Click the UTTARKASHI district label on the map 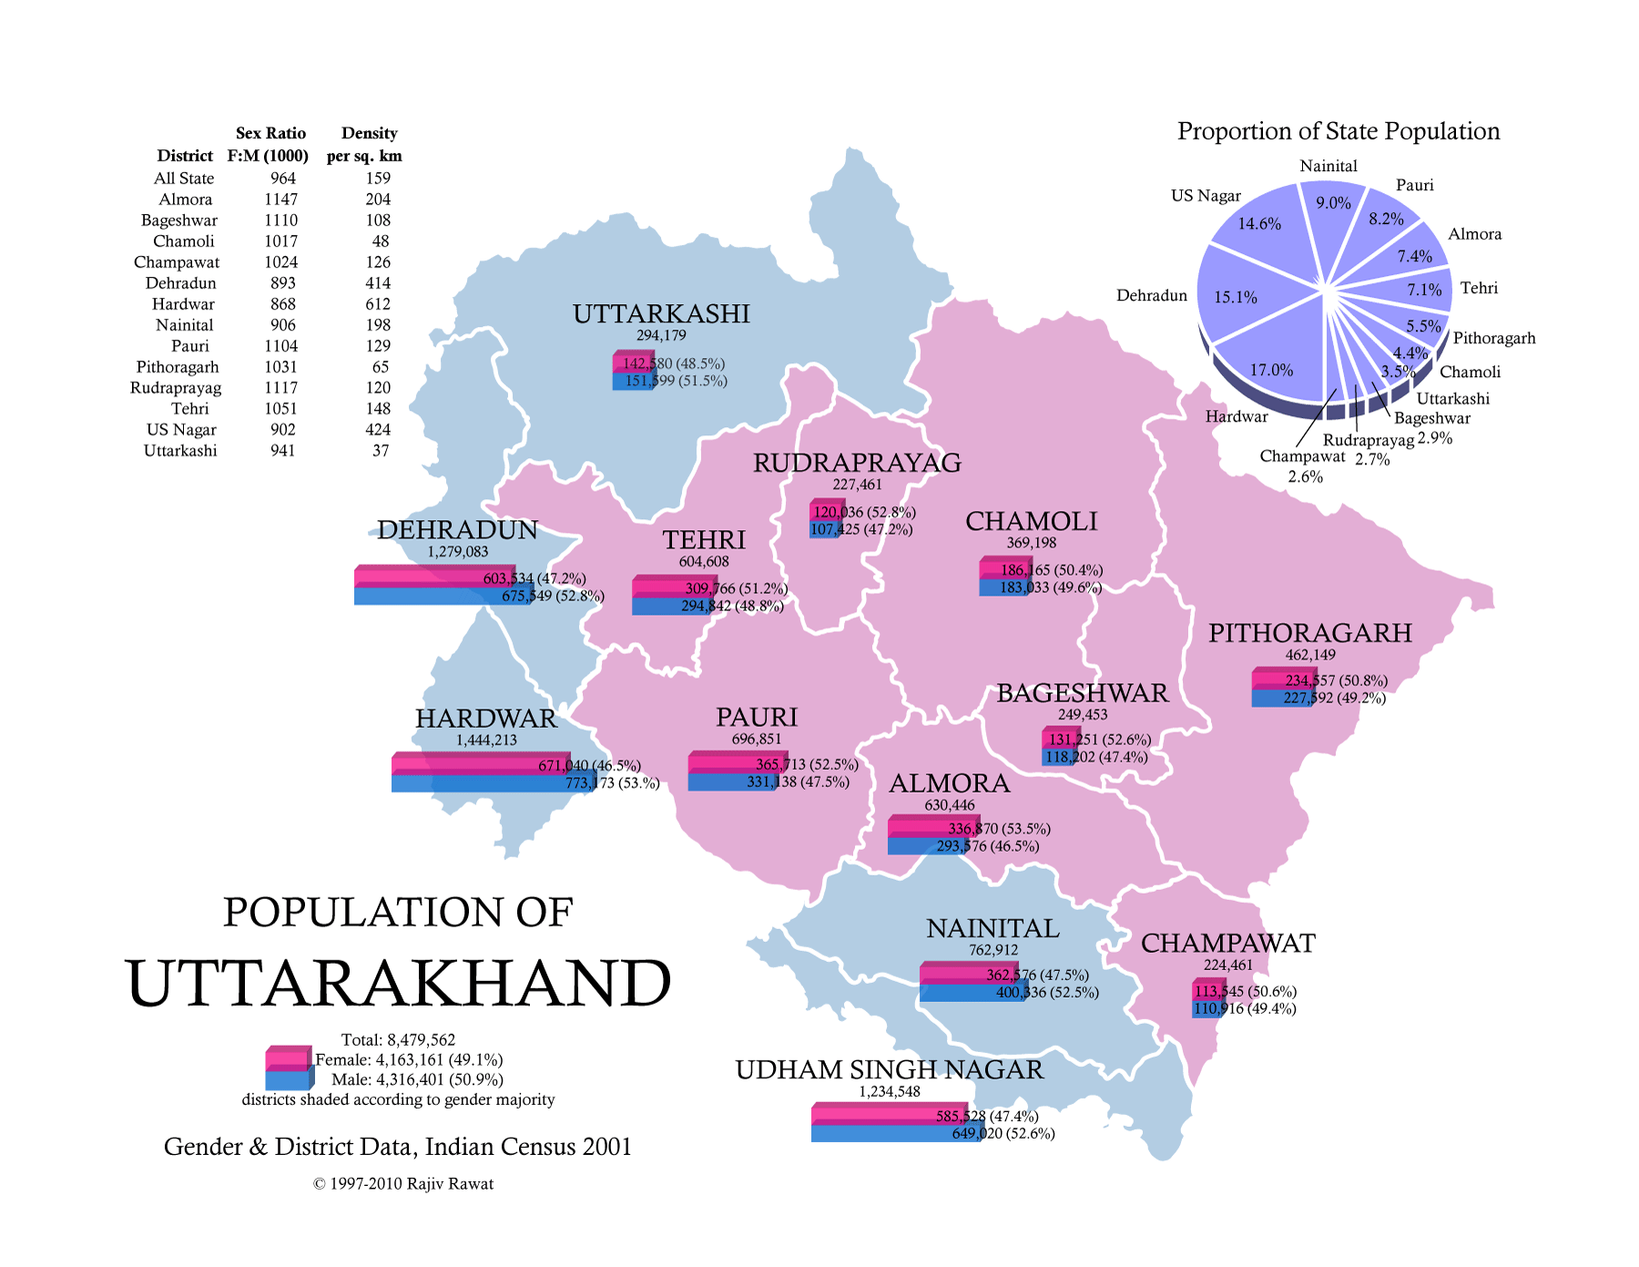point(661,314)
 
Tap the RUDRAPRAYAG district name point(857,464)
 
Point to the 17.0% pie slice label point(1271,370)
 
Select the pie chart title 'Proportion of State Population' point(1339,131)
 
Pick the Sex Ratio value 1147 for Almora point(281,199)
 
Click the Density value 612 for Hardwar point(378,304)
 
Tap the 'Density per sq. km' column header point(365,144)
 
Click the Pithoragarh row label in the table point(178,367)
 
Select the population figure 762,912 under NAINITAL point(993,950)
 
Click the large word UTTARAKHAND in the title point(399,984)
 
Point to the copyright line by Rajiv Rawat point(403,1184)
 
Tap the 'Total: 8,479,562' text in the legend point(398,1040)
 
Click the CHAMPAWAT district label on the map point(1227,944)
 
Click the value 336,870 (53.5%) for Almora point(999,829)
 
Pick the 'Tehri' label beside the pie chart point(1479,288)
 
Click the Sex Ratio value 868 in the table point(282,304)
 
